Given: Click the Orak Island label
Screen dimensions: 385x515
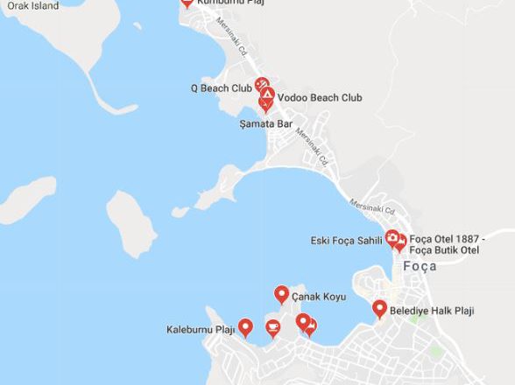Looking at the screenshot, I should tap(33, 6).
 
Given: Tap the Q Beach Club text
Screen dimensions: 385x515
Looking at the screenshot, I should tap(222, 88).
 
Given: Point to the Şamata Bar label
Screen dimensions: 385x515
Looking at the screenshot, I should tap(265, 124).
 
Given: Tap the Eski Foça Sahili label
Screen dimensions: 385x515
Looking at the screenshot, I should tap(347, 241).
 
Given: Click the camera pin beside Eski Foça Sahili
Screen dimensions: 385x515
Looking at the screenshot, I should tap(392, 238).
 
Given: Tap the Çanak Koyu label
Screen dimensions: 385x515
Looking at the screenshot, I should tap(319, 297).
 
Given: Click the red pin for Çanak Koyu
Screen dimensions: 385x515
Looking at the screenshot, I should tap(281, 295).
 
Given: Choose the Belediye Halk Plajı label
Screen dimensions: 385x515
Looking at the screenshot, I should tap(432, 311).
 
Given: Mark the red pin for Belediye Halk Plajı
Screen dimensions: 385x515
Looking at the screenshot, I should tap(379, 309).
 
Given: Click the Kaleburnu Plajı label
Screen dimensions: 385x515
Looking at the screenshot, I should tap(201, 330).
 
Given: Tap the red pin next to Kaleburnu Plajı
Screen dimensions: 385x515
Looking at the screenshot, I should tap(246, 327).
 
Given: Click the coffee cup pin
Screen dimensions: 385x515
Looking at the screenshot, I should tap(272, 328).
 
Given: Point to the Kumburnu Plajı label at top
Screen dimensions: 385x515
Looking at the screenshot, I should tap(229, 3).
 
